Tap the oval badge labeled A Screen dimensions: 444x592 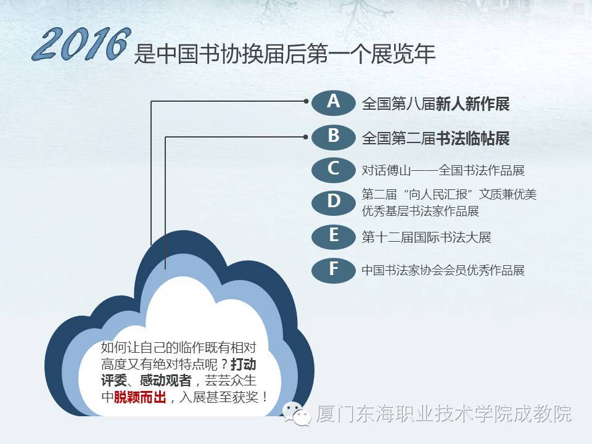click(334, 102)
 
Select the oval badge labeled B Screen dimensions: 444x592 click(334, 136)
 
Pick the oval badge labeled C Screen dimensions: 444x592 click(334, 170)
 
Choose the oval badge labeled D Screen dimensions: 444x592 click(334, 202)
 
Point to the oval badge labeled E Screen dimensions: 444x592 click(334, 236)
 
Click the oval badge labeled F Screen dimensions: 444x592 click(334, 269)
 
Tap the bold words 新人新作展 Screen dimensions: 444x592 click(472, 104)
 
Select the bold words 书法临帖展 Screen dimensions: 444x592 click(472, 138)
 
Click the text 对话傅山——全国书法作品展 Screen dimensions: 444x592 click(443, 170)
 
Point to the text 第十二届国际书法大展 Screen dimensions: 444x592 click(426, 237)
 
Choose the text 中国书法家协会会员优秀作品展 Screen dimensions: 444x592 click(443, 270)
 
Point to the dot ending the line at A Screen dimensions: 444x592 click(306, 101)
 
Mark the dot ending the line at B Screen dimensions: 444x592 click(306, 136)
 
